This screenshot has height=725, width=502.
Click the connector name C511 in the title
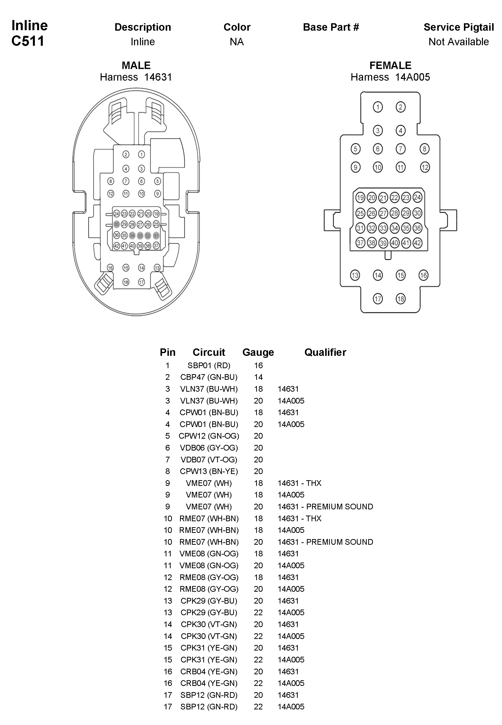[x=28, y=41]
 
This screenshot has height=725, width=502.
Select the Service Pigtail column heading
[x=458, y=27]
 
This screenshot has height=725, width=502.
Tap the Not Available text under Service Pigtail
[x=458, y=42]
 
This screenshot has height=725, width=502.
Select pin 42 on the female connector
[x=417, y=243]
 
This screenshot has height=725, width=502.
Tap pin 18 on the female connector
[x=400, y=299]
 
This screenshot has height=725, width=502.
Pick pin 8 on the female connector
[x=424, y=149]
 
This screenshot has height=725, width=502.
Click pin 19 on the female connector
[x=360, y=198]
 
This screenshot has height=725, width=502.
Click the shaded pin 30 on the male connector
[x=117, y=224]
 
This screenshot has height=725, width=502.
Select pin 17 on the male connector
[x=141, y=282]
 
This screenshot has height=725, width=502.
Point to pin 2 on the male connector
[x=126, y=155]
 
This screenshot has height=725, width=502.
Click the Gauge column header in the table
[x=258, y=352]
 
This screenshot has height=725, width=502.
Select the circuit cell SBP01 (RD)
[x=209, y=365]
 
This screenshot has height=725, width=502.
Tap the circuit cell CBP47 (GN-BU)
[x=209, y=377]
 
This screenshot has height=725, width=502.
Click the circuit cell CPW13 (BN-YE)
[x=209, y=471]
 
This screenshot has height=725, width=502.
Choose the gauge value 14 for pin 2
[x=258, y=377]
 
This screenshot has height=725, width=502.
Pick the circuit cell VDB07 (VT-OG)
[x=209, y=459]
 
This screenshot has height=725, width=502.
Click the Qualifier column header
[x=325, y=352]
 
